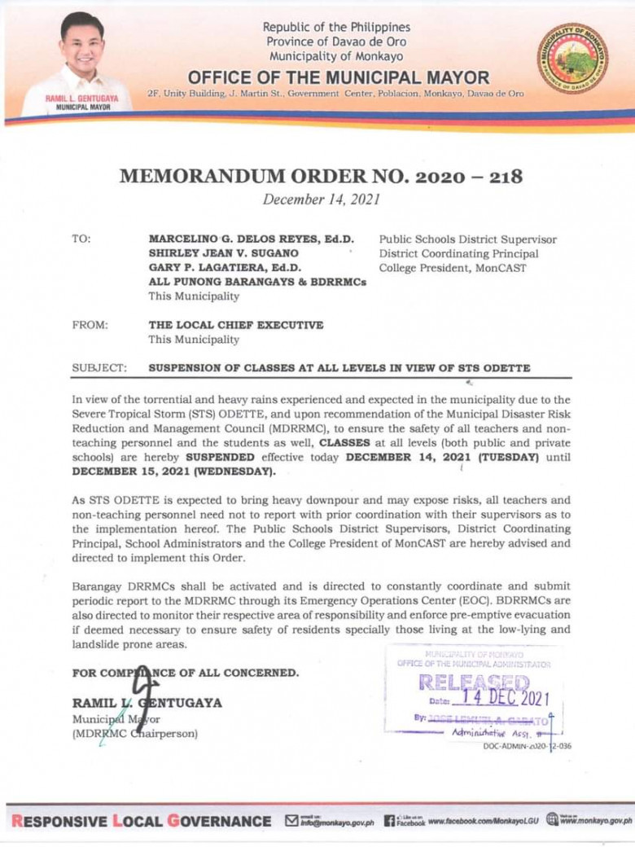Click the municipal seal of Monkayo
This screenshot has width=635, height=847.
click(572, 59)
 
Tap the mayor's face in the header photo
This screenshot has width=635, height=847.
click(83, 43)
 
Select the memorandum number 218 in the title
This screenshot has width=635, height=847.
click(498, 176)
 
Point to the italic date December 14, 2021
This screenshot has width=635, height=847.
click(321, 199)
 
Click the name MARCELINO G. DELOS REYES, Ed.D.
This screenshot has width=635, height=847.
click(251, 239)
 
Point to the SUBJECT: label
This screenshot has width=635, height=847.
click(99, 367)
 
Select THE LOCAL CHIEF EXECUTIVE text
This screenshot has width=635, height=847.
click(235, 324)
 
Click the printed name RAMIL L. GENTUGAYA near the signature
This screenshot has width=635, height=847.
click(147, 702)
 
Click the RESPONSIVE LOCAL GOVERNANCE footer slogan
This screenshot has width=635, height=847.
click(138, 820)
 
